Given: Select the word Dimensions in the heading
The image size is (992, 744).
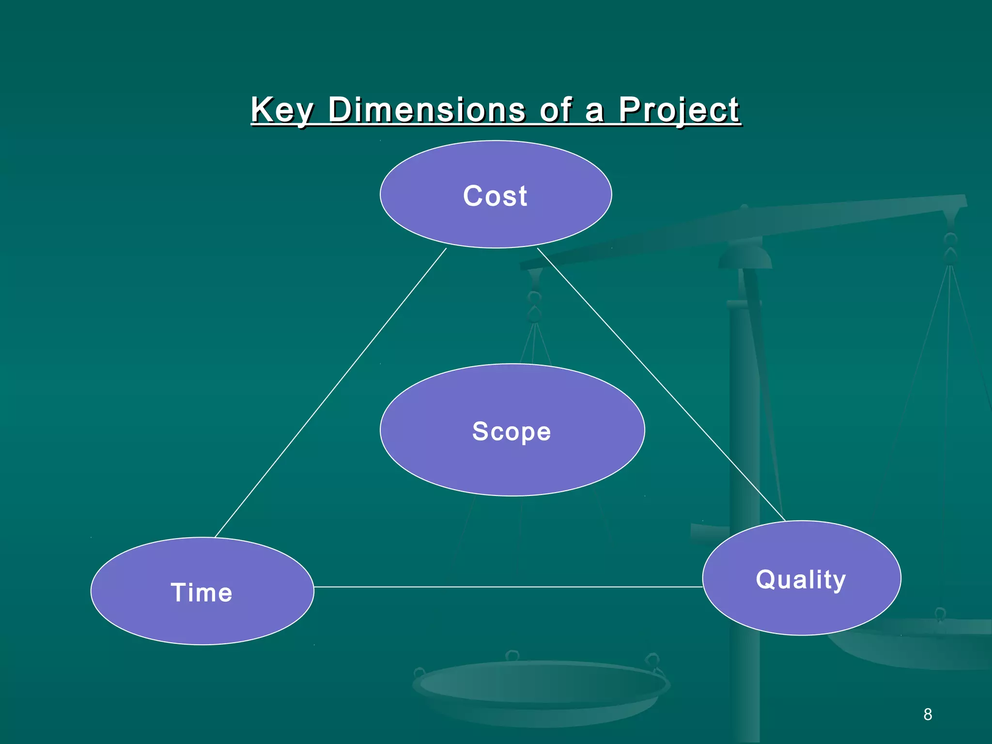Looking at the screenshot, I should pyautogui.click(x=426, y=110).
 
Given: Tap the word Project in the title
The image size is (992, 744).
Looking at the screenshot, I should pyautogui.click(x=679, y=110).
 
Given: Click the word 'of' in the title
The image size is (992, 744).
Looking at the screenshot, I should pyautogui.click(x=556, y=110).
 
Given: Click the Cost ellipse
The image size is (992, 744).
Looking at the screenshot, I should pyautogui.click(x=496, y=223).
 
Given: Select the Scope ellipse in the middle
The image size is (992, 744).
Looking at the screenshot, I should pyautogui.click(x=512, y=465).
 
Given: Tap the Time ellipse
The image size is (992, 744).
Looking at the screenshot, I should pyautogui.click(x=202, y=620).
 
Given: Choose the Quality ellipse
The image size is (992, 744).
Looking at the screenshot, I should pyautogui.click(x=801, y=610).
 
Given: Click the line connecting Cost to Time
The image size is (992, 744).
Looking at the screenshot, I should pyautogui.click(x=330, y=392).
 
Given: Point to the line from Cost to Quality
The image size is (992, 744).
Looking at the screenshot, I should pyautogui.click(x=661, y=384).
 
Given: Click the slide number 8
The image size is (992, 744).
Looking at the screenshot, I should pyautogui.click(x=927, y=714).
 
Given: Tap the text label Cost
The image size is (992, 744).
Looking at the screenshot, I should pyautogui.click(x=495, y=196).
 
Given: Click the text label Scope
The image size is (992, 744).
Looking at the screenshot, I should pyautogui.click(x=511, y=431).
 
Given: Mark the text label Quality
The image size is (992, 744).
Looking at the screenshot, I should pyautogui.click(x=801, y=579).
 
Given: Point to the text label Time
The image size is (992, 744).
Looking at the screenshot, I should pyautogui.click(x=201, y=592).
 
